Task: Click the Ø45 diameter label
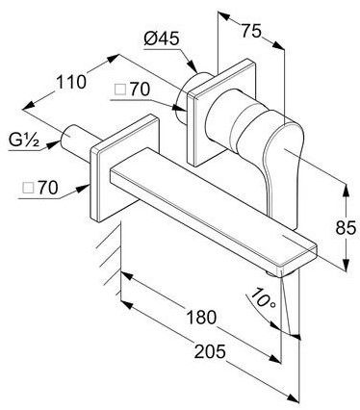162,39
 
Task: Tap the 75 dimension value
251,31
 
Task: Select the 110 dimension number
71,82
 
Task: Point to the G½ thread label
23,141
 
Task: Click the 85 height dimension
346,228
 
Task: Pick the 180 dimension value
201,318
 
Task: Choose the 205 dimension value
210,351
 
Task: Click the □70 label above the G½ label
132,90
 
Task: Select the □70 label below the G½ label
40,188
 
